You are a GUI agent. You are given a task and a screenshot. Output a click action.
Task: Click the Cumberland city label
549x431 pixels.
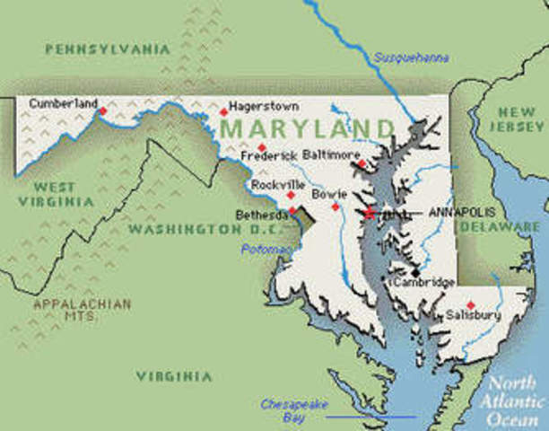coord(62,103)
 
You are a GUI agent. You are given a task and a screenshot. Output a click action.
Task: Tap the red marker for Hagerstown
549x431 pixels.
coord(223,112)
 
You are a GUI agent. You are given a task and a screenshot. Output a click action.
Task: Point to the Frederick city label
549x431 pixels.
coord(268,156)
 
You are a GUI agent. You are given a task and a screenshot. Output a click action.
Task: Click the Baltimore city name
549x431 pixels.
coord(331,154)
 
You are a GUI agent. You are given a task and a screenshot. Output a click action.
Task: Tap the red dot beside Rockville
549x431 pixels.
coord(290,194)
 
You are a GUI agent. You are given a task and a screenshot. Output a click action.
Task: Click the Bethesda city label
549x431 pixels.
coord(261,215)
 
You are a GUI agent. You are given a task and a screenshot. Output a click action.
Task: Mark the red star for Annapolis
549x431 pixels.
coord(368,213)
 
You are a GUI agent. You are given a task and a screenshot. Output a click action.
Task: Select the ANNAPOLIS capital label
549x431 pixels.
coord(459,213)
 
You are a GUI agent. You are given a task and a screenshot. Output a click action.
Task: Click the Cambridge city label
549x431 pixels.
coord(423,283)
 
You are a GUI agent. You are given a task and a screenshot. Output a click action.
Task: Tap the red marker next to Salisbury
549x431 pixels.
coord(470,305)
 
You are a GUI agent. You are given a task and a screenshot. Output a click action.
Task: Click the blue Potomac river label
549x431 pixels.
coord(266,249)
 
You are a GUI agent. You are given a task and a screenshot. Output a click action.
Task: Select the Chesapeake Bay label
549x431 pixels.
coord(287,410)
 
